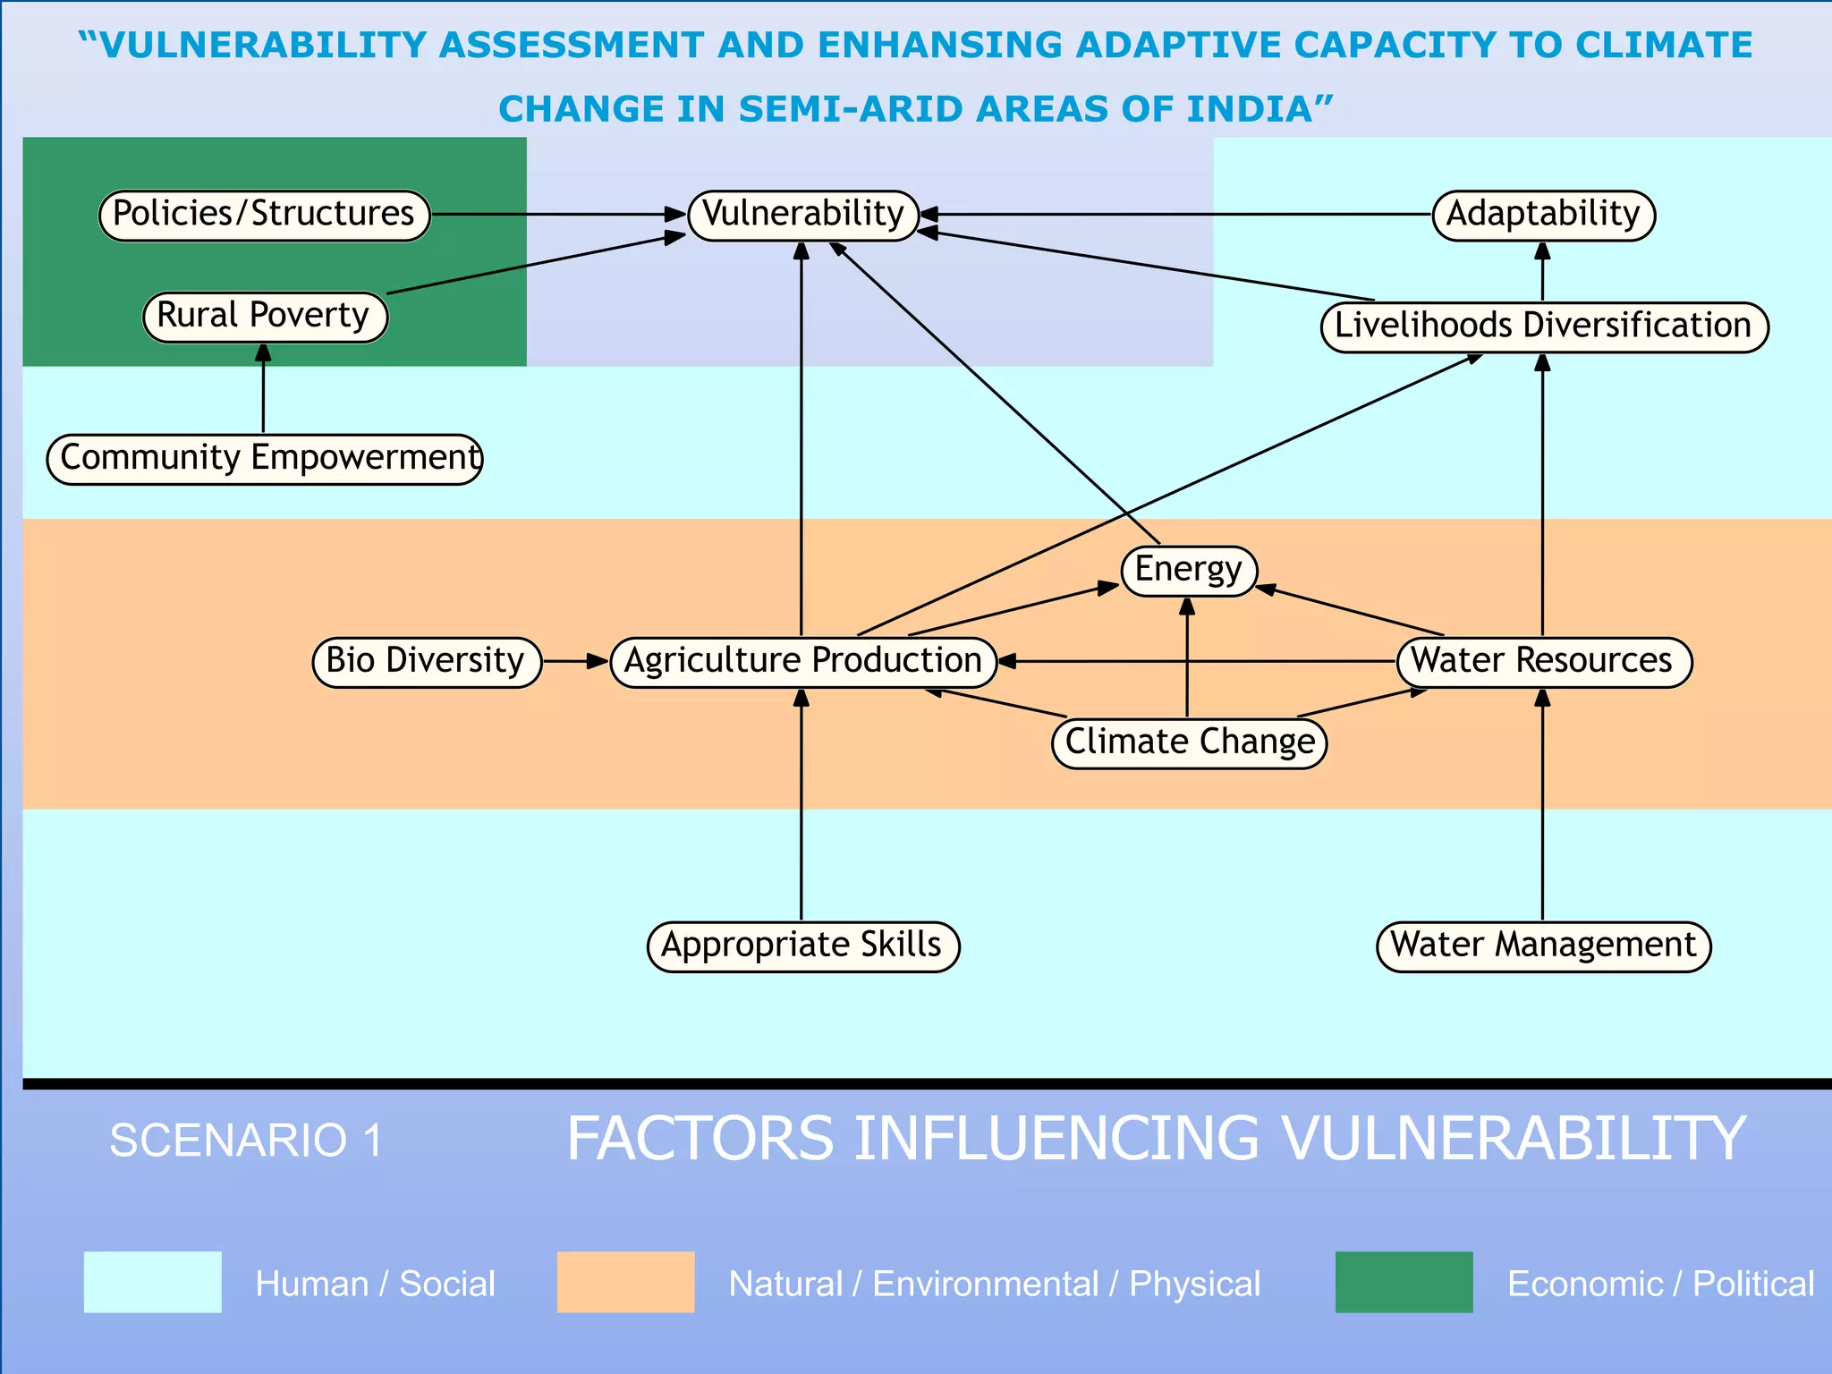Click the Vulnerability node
pos(802,216)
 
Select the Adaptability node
pos(1543,216)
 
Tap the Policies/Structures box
pos(265,216)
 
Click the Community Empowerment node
pos(265,459)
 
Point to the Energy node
pos(1189,571)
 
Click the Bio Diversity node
pos(427,662)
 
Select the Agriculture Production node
pos(802,662)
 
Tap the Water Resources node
pos(1543,662)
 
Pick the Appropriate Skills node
pos(802,946)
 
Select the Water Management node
pos(1543,946)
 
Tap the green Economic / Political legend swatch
pos(1404,1282)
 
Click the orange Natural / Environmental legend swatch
pos(625,1282)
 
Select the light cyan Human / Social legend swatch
pos(152,1282)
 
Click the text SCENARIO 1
pos(246,1141)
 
